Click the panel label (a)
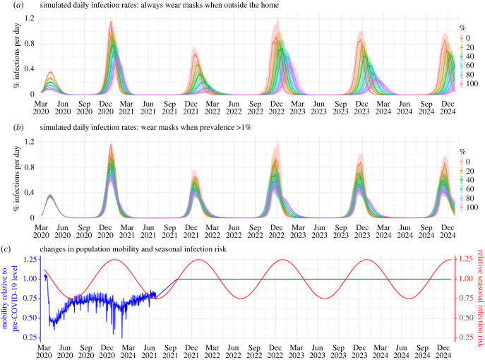pos(18,5)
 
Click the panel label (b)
pos(18,128)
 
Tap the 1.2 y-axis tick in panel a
pos(30,18)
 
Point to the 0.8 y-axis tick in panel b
pos(30,167)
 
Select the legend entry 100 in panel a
pos(472,83)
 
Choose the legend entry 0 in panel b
pos(468,162)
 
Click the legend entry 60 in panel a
pos(470,65)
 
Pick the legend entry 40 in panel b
pos(470,180)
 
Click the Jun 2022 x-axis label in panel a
pos(234,107)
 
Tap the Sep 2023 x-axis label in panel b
pos(341,232)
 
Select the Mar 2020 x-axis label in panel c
pos(44,352)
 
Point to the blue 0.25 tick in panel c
pos(30,337)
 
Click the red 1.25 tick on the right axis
pos(465,259)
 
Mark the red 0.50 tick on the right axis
pos(465,318)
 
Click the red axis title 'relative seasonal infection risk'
pos(480,298)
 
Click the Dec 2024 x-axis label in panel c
pos(443,352)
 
